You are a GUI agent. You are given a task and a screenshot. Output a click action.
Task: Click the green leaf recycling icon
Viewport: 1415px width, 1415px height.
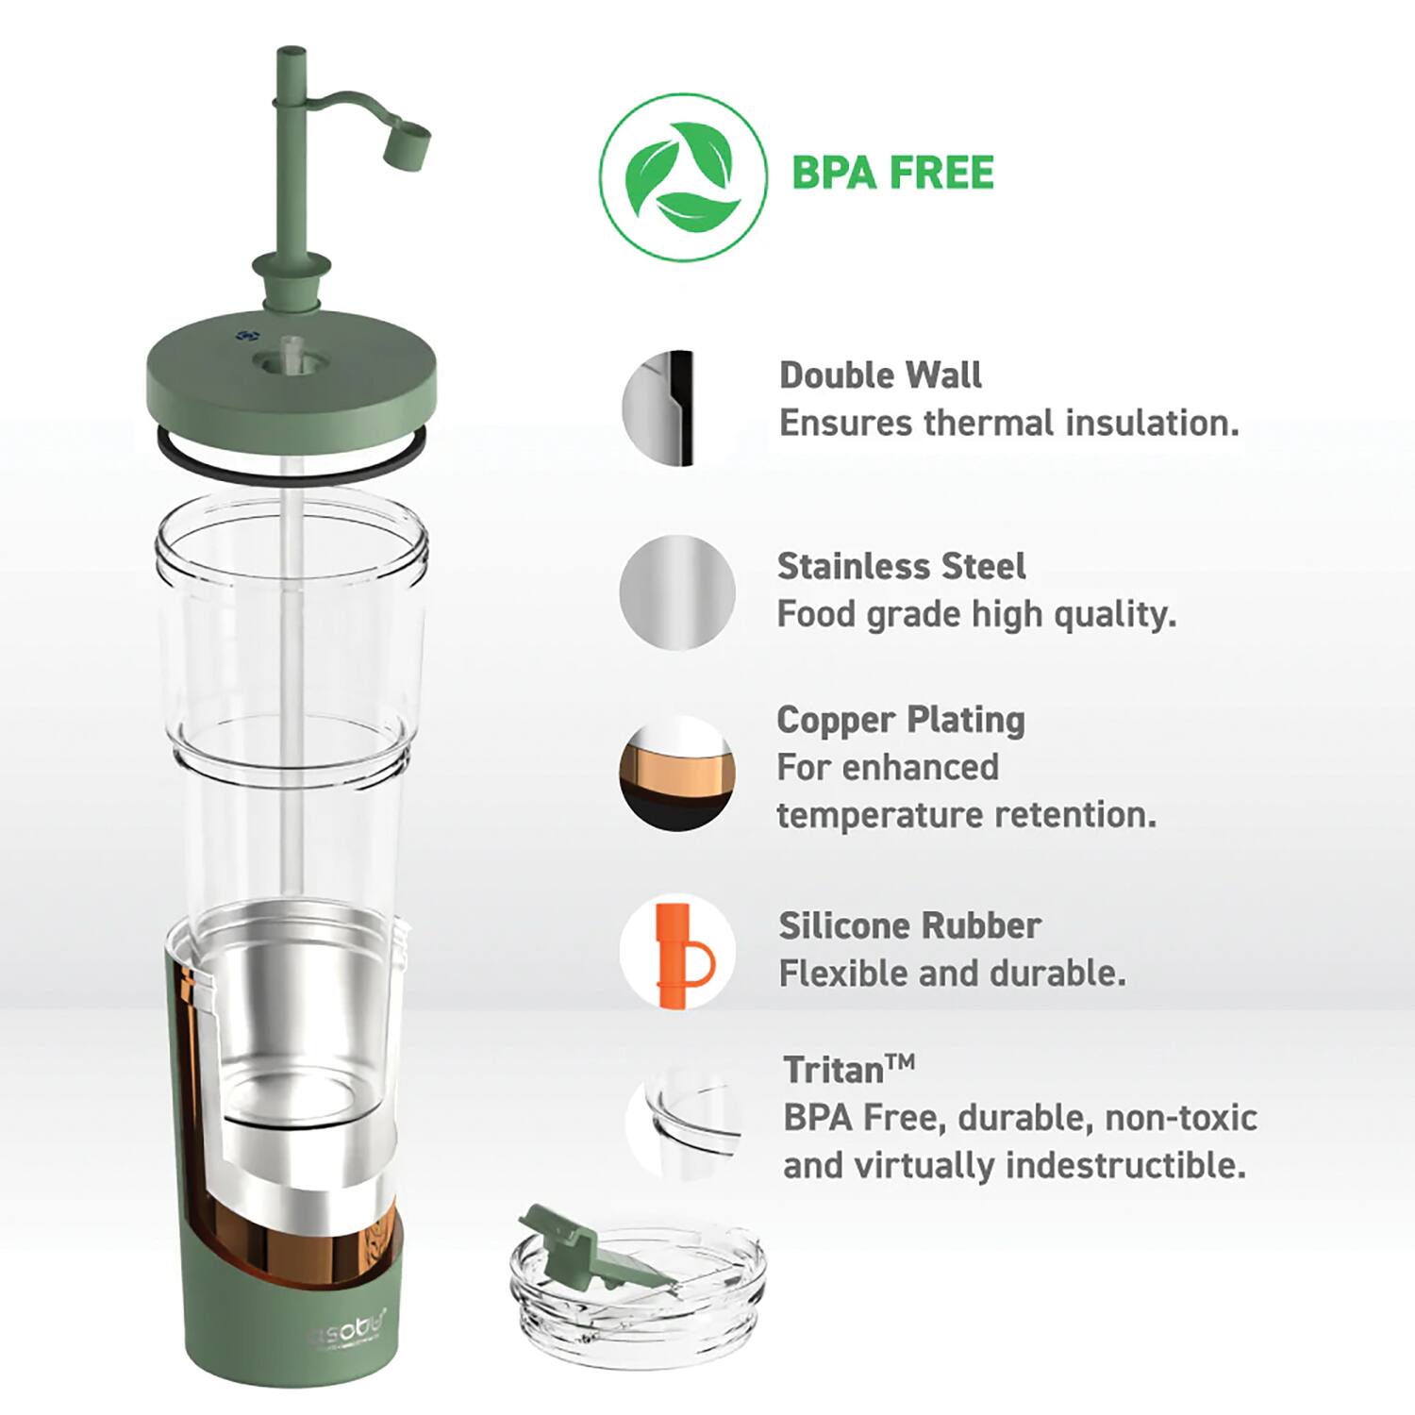click(683, 176)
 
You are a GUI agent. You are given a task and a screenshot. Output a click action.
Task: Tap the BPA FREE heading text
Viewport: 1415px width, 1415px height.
click(892, 174)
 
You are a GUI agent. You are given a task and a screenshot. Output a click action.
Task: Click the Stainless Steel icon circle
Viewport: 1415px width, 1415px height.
click(676, 592)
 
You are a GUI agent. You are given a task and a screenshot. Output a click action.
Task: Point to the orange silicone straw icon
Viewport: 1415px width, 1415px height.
click(676, 954)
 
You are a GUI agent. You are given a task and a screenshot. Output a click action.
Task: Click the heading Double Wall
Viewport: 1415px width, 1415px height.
click(880, 375)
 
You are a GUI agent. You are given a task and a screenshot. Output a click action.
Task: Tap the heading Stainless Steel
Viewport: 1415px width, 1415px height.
click(901, 566)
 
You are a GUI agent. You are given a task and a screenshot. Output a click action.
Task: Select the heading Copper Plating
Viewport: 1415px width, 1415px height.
click(901, 720)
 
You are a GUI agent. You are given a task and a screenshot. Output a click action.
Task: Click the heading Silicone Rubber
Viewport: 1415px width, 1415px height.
click(909, 925)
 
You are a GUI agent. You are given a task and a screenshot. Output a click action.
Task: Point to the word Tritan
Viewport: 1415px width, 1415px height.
click(833, 1071)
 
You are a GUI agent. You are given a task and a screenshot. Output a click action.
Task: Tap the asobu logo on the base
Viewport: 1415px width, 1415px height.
click(348, 1332)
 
